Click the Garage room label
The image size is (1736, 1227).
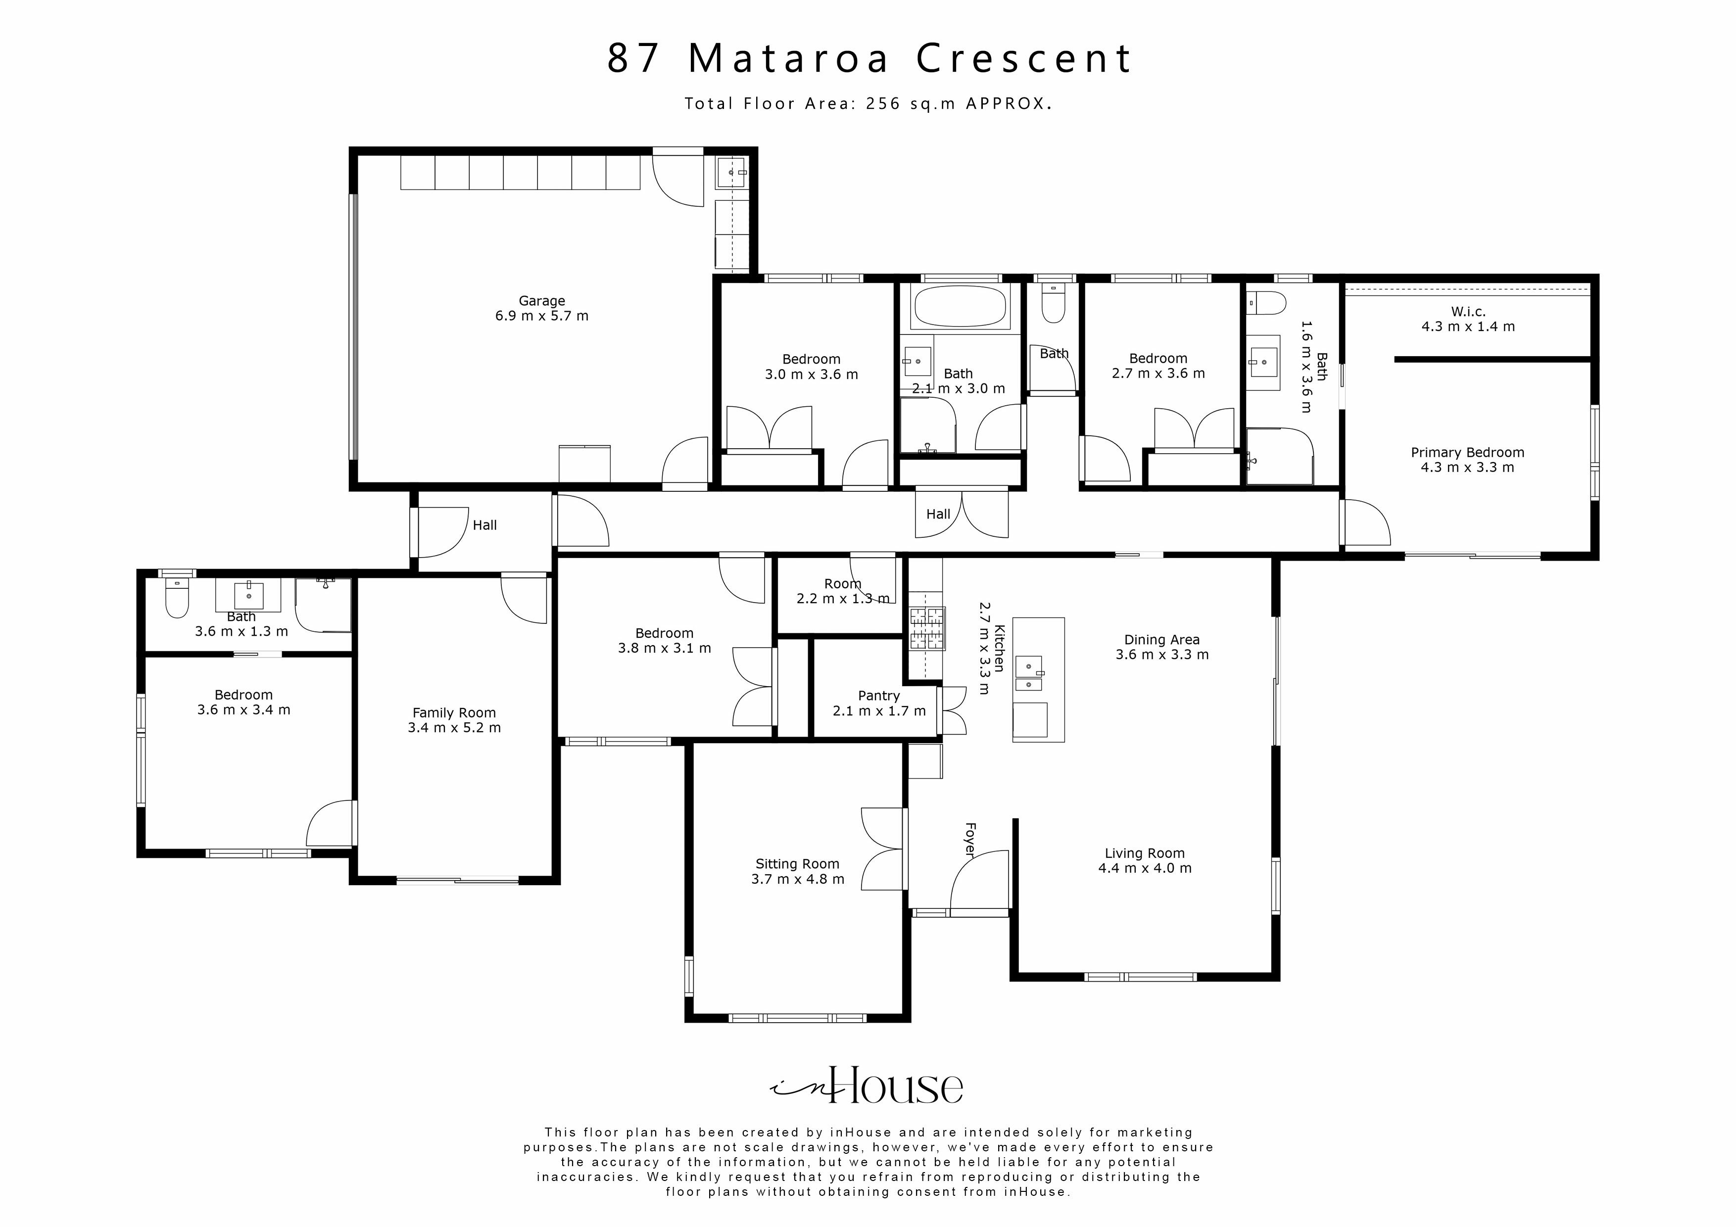(541, 301)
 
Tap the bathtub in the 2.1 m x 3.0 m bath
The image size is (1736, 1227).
(960, 306)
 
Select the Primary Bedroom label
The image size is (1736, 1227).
(1467, 453)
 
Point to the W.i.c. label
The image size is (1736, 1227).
(1468, 312)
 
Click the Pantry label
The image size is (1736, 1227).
(878, 696)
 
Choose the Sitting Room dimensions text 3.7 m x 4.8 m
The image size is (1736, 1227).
(798, 879)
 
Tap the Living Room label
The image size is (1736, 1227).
(1144, 853)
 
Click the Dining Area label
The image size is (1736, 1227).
(1161, 640)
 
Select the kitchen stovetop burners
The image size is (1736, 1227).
(927, 629)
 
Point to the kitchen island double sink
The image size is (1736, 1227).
(1029, 673)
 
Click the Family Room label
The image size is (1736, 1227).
(454, 713)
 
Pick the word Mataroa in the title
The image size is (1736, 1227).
(789, 58)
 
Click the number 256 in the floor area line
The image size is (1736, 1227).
(883, 103)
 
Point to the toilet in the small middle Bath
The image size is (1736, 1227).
(1053, 304)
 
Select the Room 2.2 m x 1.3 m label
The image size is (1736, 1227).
(842, 584)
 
